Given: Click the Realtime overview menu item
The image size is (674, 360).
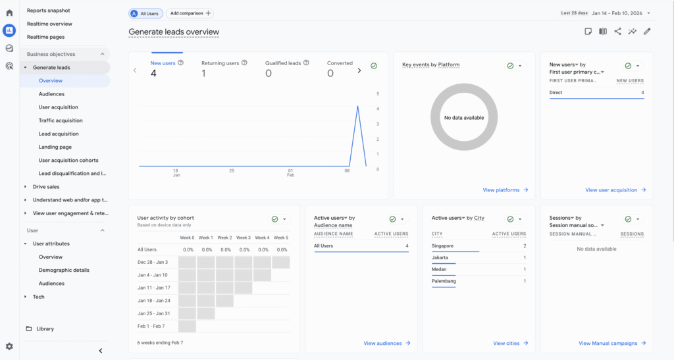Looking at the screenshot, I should (x=49, y=24).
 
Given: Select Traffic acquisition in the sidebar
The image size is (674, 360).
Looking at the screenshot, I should (x=61, y=120).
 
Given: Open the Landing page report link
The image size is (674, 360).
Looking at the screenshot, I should (x=55, y=147).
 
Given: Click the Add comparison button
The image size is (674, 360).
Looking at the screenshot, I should (x=190, y=13).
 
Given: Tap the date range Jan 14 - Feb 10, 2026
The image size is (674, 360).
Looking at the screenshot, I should (x=617, y=13).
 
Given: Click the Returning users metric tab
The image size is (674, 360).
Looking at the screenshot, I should (x=220, y=63).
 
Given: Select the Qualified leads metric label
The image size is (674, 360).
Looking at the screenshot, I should (x=283, y=63).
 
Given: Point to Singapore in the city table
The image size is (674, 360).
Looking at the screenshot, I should (x=442, y=245).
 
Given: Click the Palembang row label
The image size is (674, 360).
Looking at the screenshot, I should (x=444, y=281).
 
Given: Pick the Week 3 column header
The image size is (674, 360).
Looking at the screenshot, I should (x=244, y=238).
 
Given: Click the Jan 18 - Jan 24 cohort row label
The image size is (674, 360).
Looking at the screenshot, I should (x=154, y=300).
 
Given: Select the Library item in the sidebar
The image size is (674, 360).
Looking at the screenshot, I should (x=45, y=328).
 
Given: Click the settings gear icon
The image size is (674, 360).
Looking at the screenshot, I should (x=9, y=346).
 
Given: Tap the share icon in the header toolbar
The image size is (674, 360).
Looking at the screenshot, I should (x=617, y=31).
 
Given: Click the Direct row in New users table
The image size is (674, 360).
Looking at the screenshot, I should (x=556, y=93).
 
